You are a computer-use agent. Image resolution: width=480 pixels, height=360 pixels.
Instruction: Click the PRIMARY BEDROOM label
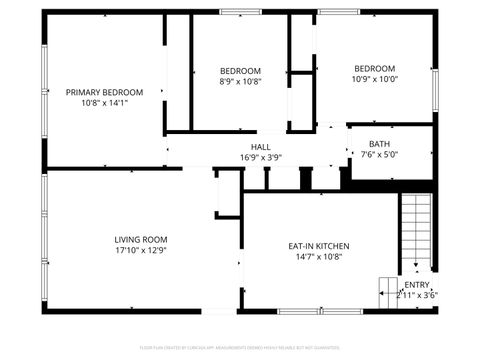[x=104, y=92]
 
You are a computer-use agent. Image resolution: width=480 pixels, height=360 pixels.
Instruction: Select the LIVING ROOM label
[x=140, y=240]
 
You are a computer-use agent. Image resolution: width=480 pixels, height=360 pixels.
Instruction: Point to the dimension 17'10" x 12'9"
[x=140, y=250]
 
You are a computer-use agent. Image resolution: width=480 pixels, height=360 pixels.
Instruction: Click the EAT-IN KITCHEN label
[x=319, y=246]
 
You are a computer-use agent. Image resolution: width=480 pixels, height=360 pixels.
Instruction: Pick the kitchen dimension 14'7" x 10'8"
[x=319, y=256]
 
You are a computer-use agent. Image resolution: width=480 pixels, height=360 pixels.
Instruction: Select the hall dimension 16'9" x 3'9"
[x=261, y=157]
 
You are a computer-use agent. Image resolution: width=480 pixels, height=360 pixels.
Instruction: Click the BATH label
[x=379, y=144]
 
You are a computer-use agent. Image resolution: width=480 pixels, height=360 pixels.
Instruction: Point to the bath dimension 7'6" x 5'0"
[x=379, y=154]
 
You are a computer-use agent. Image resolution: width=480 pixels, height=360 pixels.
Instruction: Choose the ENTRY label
[x=416, y=285]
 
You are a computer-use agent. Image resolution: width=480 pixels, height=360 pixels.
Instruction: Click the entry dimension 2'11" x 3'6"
[x=416, y=295]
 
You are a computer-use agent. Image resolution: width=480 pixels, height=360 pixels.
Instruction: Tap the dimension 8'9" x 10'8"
[x=240, y=82]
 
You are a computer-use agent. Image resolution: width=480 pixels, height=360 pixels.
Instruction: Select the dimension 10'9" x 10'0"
[x=375, y=79]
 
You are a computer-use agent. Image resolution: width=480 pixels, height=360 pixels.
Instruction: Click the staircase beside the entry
[x=416, y=230]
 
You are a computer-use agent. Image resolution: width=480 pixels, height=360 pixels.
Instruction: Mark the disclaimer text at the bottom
[x=240, y=349]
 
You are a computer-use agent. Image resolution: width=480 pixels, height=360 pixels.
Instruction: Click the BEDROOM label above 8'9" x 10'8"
[x=240, y=71]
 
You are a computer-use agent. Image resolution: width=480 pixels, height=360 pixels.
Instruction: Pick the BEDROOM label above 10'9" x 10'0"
[x=375, y=68]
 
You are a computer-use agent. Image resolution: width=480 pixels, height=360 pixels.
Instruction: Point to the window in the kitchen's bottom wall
[x=305, y=311]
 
